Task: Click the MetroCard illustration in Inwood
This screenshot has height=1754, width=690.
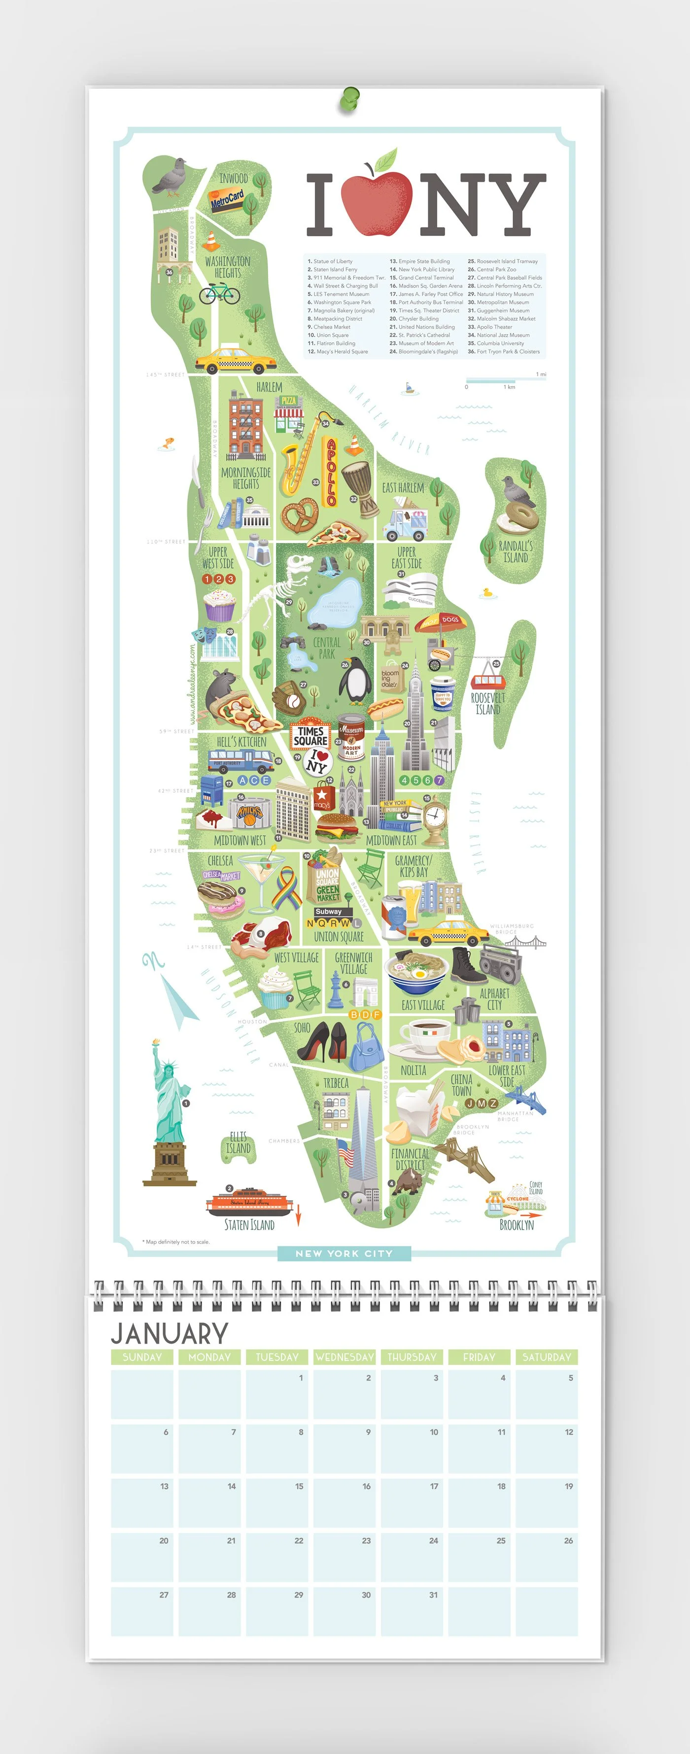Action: [x=227, y=199]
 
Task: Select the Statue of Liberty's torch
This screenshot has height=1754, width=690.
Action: [x=156, y=1042]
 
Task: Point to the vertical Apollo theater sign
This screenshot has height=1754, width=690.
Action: [x=331, y=472]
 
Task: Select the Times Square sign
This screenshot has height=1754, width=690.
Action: [x=310, y=735]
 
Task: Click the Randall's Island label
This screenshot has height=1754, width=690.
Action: [x=515, y=551]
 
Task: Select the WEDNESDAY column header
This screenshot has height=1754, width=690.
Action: [x=345, y=1357]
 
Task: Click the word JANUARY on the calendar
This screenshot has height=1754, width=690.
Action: [x=170, y=1333]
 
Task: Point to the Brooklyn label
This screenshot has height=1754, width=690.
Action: [x=517, y=1225]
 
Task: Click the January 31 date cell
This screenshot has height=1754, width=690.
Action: [x=412, y=1611]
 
